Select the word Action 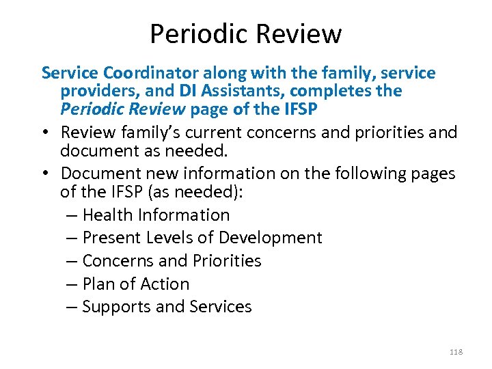[x=165, y=284]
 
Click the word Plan [x=97, y=284]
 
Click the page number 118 [x=456, y=352]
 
